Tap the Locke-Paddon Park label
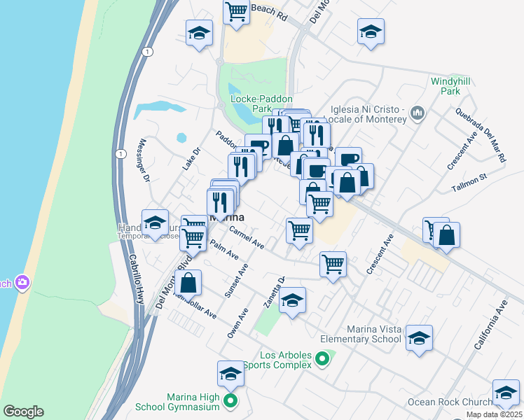[x=261, y=104]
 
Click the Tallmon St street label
[x=469, y=181]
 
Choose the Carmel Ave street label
[x=246, y=238]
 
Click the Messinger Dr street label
[x=146, y=169]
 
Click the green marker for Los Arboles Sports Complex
[x=322, y=360]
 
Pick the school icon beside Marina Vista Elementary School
[x=419, y=338]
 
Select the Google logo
[x=23, y=412]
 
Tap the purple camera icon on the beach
[x=22, y=282]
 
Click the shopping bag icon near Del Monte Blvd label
[x=188, y=283]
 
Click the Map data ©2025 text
[x=494, y=414]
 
